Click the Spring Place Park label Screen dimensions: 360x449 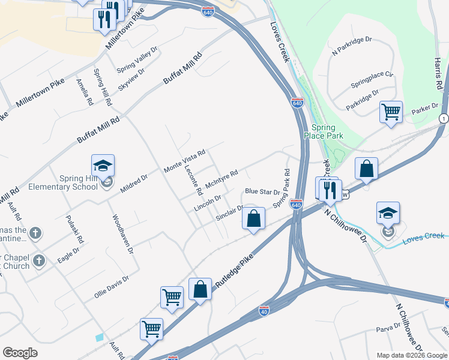click(x=327, y=131)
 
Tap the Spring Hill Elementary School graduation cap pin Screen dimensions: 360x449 click(x=103, y=166)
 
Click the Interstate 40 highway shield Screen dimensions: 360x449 click(x=264, y=310)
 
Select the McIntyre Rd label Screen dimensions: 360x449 click(x=221, y=178)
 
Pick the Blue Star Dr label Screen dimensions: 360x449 click(x=262, y=192)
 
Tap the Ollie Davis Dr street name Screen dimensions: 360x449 click(x=112, y=287)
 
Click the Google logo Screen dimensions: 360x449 click(x=20, y=353)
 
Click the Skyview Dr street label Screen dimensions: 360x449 click(x=131, y=77)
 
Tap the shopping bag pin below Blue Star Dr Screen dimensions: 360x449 click(x=254, y=219)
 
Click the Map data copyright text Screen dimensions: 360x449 click(x=411, y=355)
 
